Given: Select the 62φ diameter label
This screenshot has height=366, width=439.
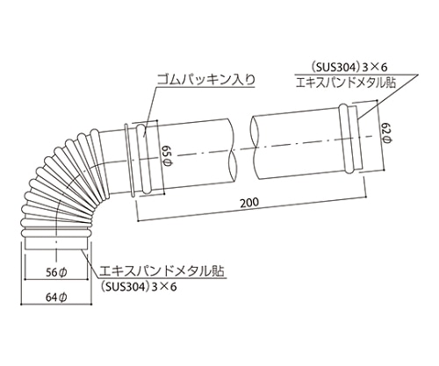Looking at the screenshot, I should point(385,136).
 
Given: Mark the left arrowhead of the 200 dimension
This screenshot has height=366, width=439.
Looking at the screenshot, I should point(138,213).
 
